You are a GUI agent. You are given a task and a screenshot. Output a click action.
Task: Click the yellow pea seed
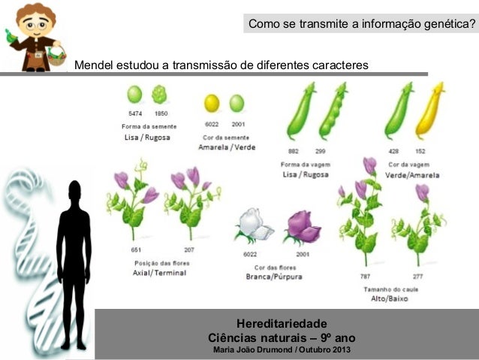coord(212,103)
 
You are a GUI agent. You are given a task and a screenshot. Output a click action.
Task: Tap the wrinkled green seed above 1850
coord(159,95)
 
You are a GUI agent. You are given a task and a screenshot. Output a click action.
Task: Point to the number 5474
coord(135,114)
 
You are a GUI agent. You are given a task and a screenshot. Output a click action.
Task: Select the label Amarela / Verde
coord(227,147)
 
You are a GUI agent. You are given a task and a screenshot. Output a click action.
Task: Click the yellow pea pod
coord(430,110)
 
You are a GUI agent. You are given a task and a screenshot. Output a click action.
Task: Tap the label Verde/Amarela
coord(413,175)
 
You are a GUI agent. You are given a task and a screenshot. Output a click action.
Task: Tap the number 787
coord(365,277)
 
